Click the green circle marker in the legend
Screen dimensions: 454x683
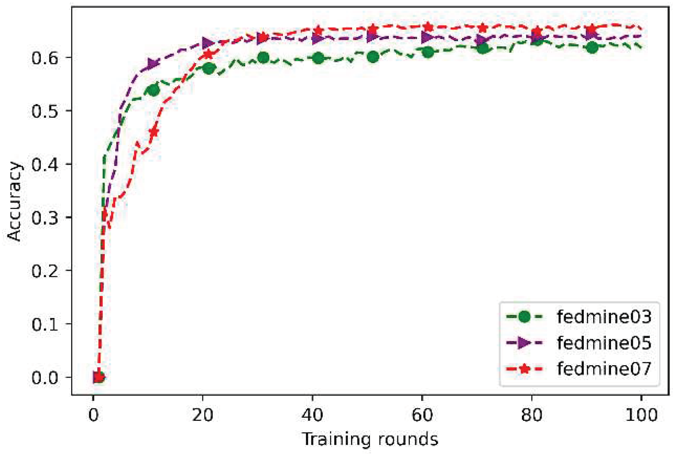point(524,317)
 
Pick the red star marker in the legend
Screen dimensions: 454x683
point(524,369)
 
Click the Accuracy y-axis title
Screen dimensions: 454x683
point(14,201)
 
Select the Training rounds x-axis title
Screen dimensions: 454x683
point(370,439)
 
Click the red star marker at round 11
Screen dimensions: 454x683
point(154,132)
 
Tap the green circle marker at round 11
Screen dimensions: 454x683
point(154,90)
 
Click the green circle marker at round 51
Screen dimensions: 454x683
point(373,57)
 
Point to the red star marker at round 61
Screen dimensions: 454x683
point(428,27)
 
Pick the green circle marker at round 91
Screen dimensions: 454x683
point(592,48)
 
